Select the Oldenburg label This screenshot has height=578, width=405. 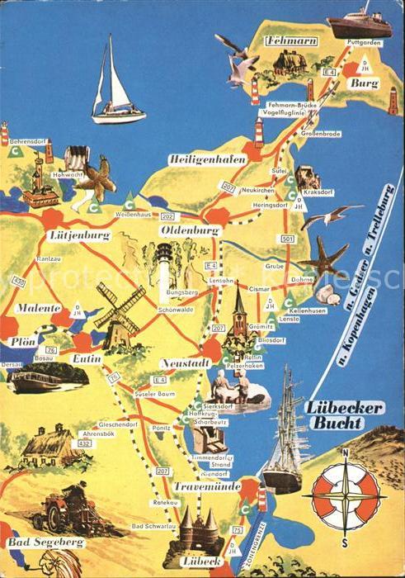point(191,230)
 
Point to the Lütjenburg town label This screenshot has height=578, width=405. point(79,235)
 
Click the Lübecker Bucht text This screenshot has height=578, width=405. point(335,415)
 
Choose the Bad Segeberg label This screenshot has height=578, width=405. point(46,542)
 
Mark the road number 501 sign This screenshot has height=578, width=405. point(287,239)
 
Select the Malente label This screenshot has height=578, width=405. point(34,308)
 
